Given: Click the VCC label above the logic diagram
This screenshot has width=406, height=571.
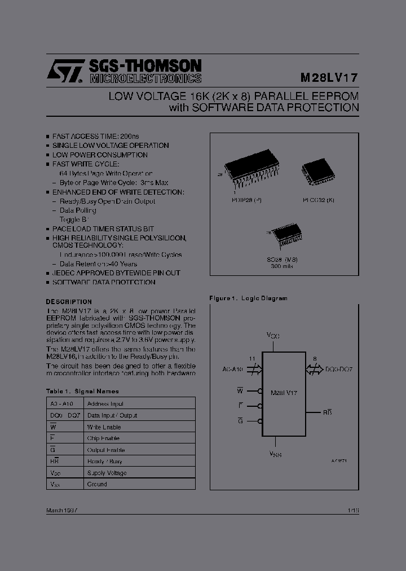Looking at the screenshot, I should pyautogui.click(x=274, y=335).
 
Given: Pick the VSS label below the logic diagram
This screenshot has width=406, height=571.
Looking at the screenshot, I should pyautogui.click(x=275, y=453).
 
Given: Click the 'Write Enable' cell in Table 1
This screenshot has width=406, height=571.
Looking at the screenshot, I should pyautogui.click(x=104, y=427).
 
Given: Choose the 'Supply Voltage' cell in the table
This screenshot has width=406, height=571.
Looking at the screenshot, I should pyautogui.click(x=107, y=473).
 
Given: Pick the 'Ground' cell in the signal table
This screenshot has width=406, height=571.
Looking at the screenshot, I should pyautogui.click(x=97, y=484).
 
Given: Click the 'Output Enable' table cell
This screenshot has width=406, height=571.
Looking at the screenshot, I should pyautogui.click(x=106, y=450).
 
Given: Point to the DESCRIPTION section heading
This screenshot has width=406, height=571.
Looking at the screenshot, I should pyautogui.click(x=69, y=302).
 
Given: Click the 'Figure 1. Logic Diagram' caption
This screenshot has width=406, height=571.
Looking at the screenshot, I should pyautogui.click(x=248, y=298).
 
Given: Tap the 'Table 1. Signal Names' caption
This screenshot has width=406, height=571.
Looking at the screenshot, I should pyautogui.click(x=82, y=391).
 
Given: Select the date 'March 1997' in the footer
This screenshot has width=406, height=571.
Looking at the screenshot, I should pyautogui.click(x=61, y=510).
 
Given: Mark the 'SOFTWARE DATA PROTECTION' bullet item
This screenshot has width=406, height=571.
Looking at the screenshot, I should pyautogui.click(x=104, y=282).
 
